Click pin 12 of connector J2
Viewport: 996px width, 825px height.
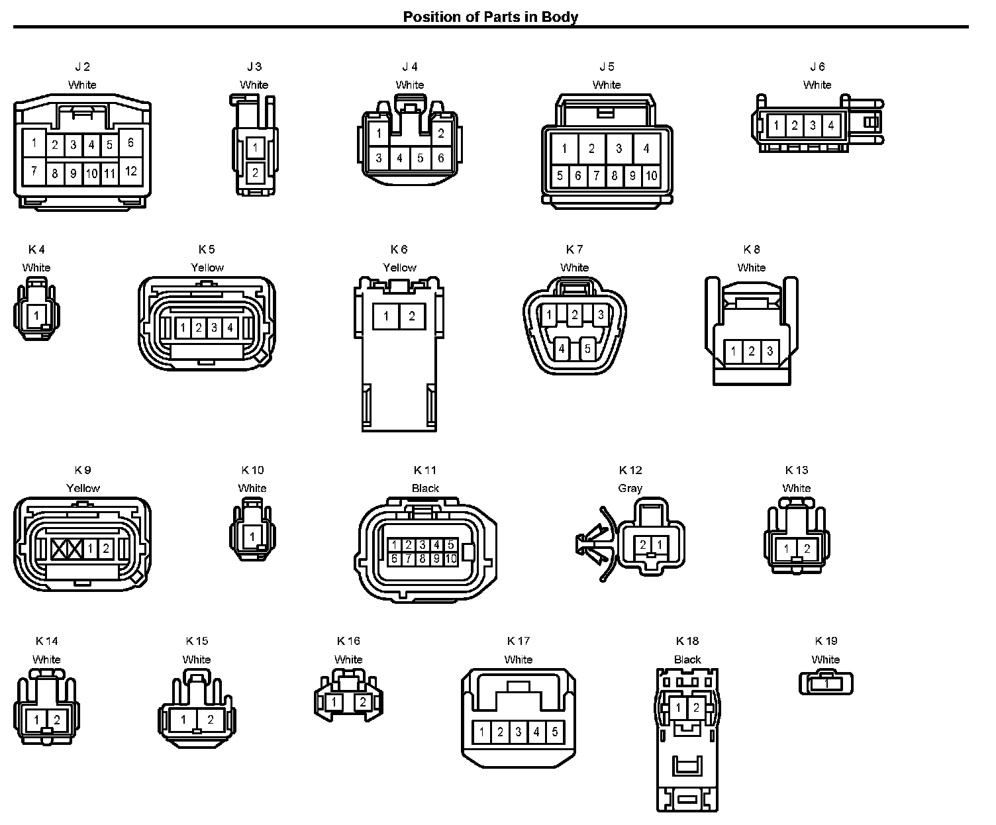coord(131,171)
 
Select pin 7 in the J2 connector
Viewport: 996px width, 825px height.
coord(34,171)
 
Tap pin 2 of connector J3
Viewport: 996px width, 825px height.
coord(255,173)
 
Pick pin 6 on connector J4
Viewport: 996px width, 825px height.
coord(441,158)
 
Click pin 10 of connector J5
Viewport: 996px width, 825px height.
coord(651,175)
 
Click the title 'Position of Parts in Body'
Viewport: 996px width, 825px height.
coord(491,17)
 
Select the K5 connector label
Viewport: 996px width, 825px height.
coord(207,250)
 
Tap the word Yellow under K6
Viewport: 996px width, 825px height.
coord(399,267)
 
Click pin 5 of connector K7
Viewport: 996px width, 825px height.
coord(587,348)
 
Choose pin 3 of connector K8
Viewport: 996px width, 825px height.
coord(770,351)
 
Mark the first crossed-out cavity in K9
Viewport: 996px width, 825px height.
coord(59,548)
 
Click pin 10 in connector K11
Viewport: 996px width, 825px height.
coord(451,559)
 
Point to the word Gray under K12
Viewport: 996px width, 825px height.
coord(630,488)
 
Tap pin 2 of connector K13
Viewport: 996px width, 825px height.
coord(807,548)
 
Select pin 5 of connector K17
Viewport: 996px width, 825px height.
coord(554,732)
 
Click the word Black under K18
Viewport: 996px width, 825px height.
coord(687,659)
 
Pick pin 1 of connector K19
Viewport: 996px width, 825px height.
coord(826,684)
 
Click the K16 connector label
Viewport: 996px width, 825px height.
coord(348,641)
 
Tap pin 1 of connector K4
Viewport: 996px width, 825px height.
coord(36,315)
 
